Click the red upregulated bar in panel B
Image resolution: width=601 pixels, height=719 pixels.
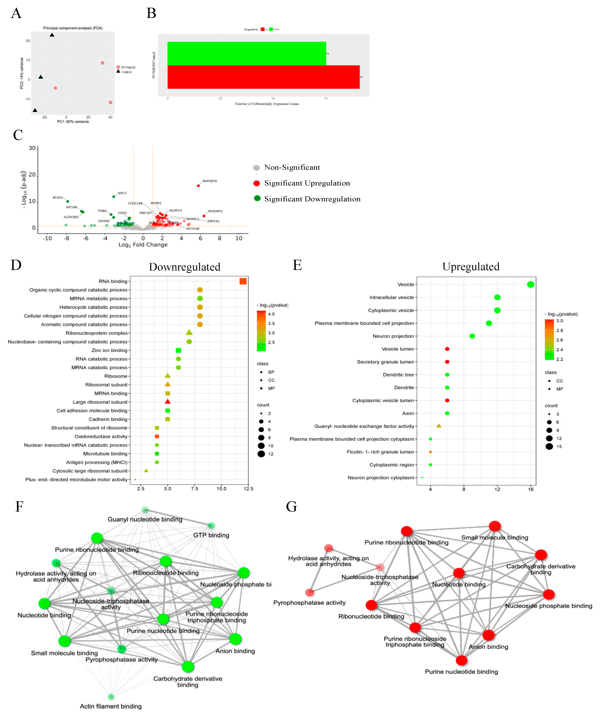[x=263, y=77]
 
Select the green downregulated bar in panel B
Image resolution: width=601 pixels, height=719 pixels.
[x=246, y=53]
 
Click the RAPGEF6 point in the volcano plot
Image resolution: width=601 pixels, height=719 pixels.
[x=198, y=186]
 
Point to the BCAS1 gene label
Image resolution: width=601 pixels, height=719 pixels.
[x=58, y=197]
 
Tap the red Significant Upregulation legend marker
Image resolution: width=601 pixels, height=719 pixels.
[x=256, y=183]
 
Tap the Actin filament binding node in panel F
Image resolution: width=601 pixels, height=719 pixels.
[x=111, y=697]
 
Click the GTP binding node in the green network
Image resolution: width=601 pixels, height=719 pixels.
[x=211, y=526]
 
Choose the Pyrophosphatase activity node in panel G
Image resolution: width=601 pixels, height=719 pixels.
[x=310, y=592]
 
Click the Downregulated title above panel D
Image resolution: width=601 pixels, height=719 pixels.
[x=184, y=267]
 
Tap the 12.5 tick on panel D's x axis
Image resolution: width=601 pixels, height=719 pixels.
[x=248, y=489]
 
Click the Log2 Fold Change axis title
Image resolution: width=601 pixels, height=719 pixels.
[x=143, y=244]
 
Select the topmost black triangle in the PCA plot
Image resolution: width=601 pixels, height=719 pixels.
[x=52, y=35]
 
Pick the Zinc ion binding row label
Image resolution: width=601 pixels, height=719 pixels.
[x=109, y=350]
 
